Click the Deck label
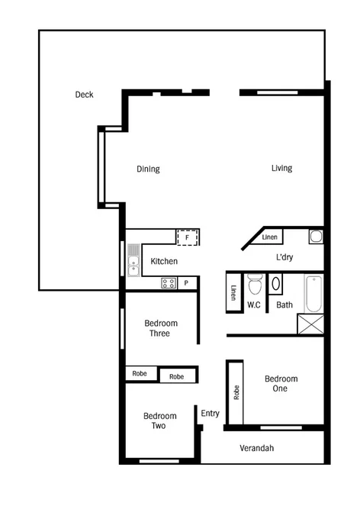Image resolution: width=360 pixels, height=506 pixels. coord(84,95)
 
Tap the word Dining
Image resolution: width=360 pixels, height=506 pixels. coord(148,169)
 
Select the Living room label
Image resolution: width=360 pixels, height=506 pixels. coord(281,169)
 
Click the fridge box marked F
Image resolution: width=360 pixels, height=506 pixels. coord(188,237)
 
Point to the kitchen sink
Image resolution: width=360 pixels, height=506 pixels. coord(133,259)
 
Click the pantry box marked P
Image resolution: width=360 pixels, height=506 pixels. coord(188,283)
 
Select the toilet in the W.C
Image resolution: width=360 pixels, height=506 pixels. coord(256,285)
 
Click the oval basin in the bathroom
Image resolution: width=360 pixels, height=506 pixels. coord(276,285)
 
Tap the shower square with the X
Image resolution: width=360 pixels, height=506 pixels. coord(310,324)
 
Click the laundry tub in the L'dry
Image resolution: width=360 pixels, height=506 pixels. coord(316,236)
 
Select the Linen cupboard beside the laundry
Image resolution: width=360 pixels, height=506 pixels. coord(270,237)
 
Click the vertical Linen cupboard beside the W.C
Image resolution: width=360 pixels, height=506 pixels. coord(233,293)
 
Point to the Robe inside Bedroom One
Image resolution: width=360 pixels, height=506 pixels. coord(236,392)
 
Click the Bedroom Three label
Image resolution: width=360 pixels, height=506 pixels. coord(161,328)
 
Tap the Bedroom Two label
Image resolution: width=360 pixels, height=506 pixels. coord(160,421)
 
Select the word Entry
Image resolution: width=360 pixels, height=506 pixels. coord(210,414)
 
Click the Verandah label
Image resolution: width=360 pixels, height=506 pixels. coord(256,448)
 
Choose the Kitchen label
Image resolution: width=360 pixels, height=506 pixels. coord(164,262)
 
